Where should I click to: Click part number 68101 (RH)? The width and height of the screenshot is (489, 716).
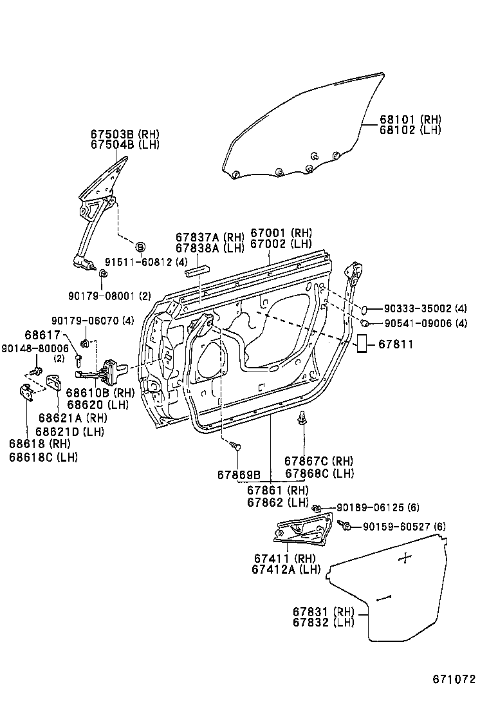click(x=411, y=120)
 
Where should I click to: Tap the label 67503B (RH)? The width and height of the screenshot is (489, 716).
click(x=125, y=134)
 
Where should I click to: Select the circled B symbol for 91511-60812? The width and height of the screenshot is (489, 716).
click(x=140, y=247)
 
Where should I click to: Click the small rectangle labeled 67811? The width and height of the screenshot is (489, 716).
click(x=362, y=343)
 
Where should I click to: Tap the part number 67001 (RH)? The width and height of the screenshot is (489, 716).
click(x=281, y=233)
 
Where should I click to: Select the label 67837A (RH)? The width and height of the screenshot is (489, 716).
click(x=210, y=237)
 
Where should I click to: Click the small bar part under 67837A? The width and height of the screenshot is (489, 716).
click(x=196, y=272)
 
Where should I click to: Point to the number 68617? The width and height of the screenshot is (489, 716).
click(x=42, y=335)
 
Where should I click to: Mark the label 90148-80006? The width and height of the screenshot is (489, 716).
click(x=35, y=348)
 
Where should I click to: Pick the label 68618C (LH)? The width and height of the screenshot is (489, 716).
click(x=43, y=457)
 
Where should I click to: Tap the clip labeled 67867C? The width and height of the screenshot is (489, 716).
click(x=302, y=419)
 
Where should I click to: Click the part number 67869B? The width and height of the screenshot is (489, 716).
click(x=239, y=475)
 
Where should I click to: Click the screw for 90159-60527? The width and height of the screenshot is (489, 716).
click(x=344, y=525)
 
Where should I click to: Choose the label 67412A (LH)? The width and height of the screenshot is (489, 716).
click(x=286, y=569)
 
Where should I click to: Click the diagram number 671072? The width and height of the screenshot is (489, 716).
click(x=454, y=679)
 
